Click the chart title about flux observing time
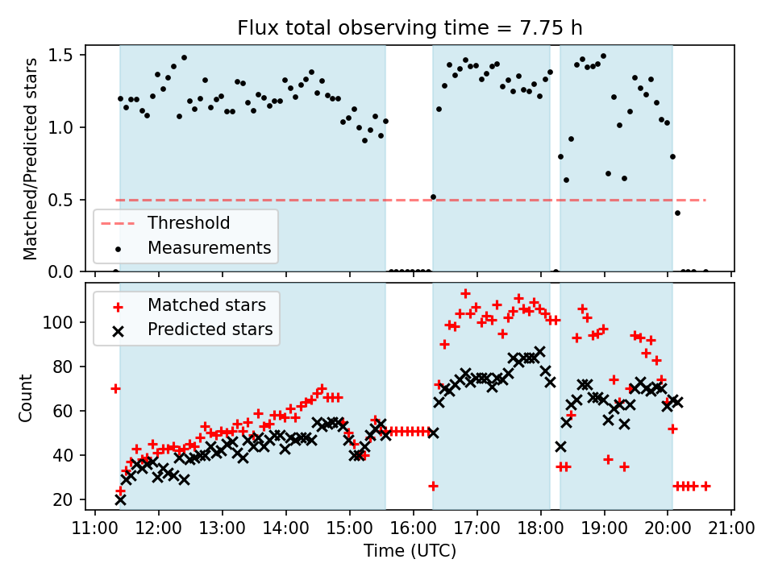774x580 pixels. [410, 28]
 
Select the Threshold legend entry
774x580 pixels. [188, 223]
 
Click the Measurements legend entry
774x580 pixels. [209, 247]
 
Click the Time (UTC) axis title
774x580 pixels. [410, 552]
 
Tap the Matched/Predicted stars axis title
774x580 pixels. [31, 159]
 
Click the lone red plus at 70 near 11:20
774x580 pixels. [115, 388]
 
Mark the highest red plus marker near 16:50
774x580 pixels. [465, 293]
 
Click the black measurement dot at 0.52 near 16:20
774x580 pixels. [433, 197]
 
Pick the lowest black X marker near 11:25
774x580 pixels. [120, 499]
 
